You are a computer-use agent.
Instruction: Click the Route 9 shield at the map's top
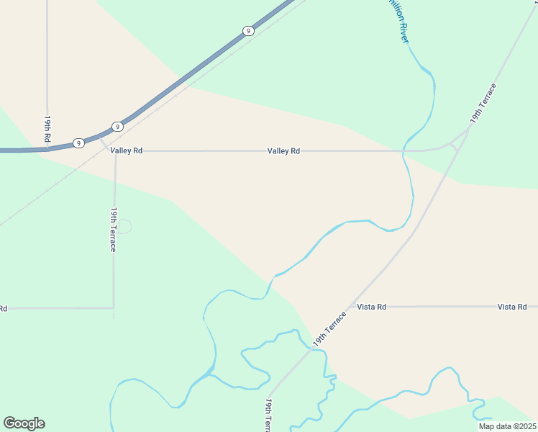[247, 31]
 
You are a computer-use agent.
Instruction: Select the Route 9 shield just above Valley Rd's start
[117, 127]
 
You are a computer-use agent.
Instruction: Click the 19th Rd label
[47, 128]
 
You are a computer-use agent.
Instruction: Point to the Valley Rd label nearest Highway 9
[127, 150]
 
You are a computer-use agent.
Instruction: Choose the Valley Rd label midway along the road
[283, 151]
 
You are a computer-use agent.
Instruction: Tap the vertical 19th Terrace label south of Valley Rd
[114, 229]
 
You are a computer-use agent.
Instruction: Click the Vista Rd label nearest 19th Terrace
[372, 307]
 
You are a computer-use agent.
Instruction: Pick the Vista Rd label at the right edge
[512, 307]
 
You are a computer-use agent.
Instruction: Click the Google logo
[24, 423]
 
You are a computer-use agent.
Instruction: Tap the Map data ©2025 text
[506, 426]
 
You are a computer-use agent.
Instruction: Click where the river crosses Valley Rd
[405, 151]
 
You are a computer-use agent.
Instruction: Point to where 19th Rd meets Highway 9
[47, 149]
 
